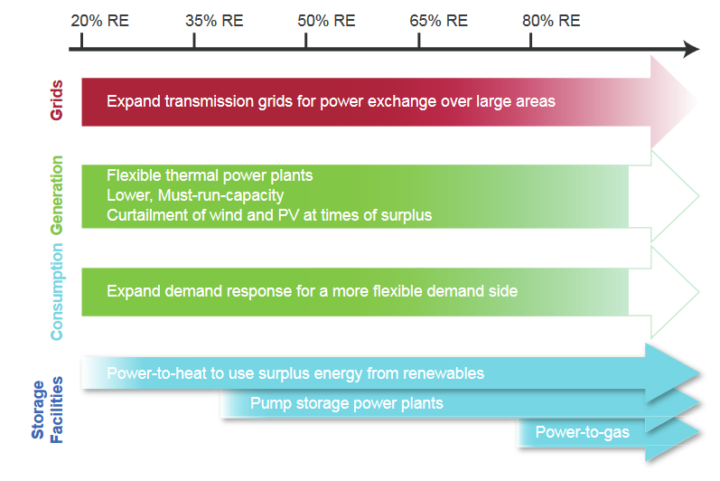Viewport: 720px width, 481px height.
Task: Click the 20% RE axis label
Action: [99, 21]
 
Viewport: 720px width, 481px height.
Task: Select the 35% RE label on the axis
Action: [214, 21]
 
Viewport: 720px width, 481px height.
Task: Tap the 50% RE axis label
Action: [326, 21]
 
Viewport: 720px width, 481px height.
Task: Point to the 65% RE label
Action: [438, 21]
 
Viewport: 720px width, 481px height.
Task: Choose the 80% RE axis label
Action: [551, 21]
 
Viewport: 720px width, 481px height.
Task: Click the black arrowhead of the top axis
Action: [691, 49]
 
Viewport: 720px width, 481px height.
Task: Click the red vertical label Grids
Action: [57, 100]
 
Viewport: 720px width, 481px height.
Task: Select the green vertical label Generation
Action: [57, 195]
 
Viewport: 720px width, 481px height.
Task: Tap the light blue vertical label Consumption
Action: [57, 292]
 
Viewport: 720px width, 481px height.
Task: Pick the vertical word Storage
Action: [38, 410]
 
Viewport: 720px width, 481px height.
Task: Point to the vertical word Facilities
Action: [56, 410]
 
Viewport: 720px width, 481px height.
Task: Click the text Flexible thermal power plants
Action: [210, 175]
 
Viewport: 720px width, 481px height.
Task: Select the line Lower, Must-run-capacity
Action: [195, 195]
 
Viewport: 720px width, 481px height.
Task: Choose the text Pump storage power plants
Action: [347, 403]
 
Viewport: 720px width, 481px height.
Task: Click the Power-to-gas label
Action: [583, 432]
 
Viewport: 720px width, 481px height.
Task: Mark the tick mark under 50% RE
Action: [306, 41]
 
